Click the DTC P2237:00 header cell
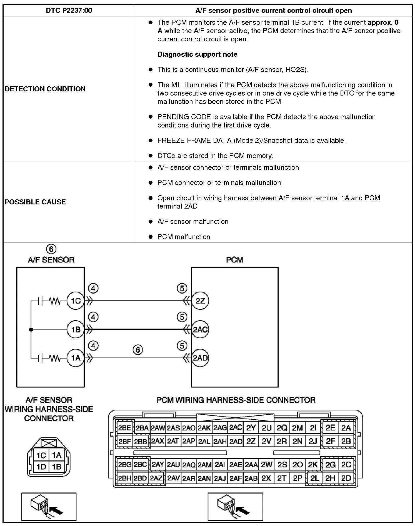[69, 11]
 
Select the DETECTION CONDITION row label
[45, 89]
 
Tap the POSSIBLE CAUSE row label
[36, 202]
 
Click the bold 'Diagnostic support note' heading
[197, 54]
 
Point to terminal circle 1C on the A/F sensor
[76, 301]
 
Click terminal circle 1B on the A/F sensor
[76, 330]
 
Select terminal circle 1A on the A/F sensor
[76, 358]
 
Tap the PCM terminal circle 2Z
[200, 301]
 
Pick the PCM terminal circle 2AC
[200, 330]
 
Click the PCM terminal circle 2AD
[200, 358]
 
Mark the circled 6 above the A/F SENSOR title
[51, 249]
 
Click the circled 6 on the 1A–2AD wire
[138, 350]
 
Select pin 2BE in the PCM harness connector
[124, 428]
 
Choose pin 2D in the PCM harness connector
[346, 478]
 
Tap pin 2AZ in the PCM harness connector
[156, 478]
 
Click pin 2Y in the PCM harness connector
[251, 428]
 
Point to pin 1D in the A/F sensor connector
[41, 467]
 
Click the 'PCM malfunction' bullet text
[184, 237]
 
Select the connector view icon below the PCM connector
[235, 507]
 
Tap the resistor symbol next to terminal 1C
[55, 301]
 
